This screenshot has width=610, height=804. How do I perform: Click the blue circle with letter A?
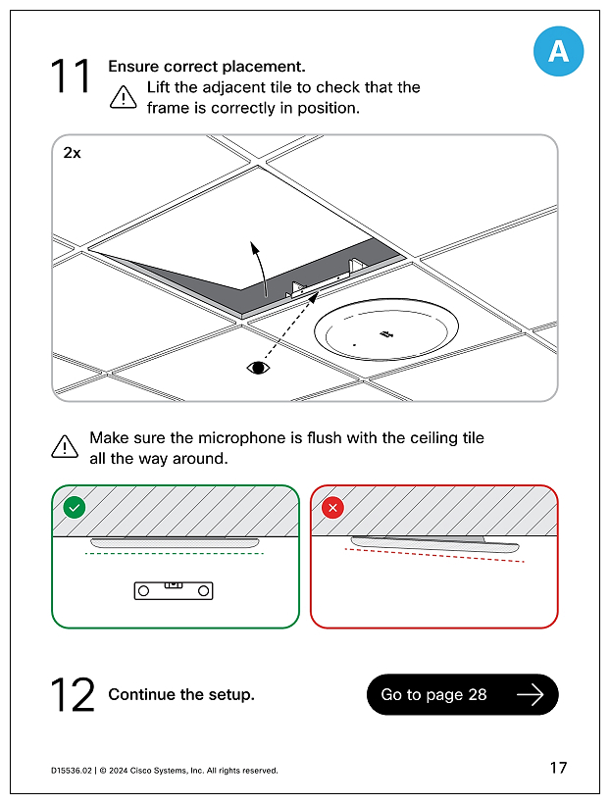coord(558,51)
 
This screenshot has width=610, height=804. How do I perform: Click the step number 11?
coord(71,76)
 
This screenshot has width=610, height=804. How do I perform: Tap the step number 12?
coord(73,694)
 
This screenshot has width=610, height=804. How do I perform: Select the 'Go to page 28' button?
coord(462,694)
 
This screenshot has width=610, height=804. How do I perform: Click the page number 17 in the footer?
coord(558,768)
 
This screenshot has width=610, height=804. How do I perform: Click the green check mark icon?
coord(74,508)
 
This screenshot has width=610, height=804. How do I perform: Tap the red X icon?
coord(333,508)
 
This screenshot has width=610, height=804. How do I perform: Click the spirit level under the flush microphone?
coord(173,590)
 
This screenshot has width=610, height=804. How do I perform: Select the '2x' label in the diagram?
coord(73,153)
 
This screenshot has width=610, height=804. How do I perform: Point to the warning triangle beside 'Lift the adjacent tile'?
coord(124,96)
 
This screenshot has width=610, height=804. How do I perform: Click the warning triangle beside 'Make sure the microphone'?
coord(65,447)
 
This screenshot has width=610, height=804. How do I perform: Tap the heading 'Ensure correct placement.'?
coord(207,67)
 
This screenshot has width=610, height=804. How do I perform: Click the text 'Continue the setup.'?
coord(181,694)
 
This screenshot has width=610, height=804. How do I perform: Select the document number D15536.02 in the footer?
coord(72,771)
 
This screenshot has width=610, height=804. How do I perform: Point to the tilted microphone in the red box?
coord(435,546)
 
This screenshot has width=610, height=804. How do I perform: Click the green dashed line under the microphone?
coord(175,554)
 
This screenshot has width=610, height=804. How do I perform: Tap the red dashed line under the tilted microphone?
coord(434,556)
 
